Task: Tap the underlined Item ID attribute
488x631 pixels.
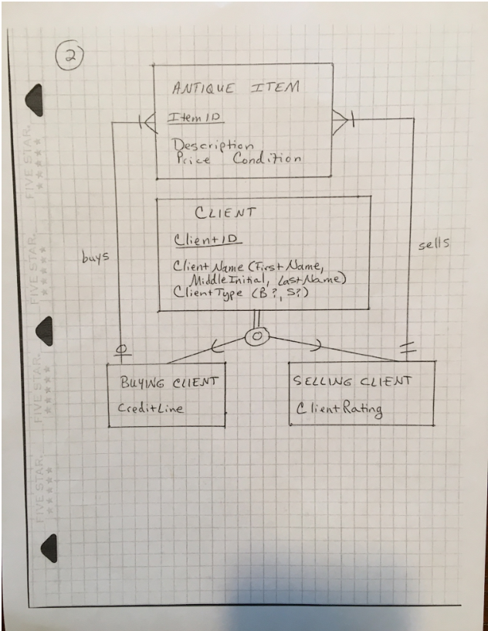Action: pos(194,118)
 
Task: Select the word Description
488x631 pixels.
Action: pos(212,145)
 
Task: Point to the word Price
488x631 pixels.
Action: pos(193,160)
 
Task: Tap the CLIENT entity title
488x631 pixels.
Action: pos(225,213)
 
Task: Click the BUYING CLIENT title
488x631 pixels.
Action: pos(168,382)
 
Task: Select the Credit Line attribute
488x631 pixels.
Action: pos(151,408)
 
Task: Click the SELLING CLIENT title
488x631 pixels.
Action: pos(354,381)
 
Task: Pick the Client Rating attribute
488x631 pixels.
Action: pos(341,409)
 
